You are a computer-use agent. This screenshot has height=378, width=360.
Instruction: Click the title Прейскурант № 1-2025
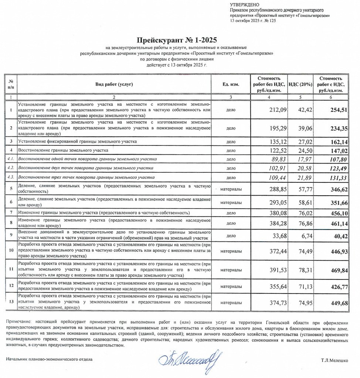click(x=177, y=40)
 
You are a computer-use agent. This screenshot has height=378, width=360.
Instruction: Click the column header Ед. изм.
click(x=231, y=85)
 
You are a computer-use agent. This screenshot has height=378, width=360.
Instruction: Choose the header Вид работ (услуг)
click(x=114, y=85)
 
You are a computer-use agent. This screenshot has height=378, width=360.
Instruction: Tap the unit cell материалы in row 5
click(x=231, y=189)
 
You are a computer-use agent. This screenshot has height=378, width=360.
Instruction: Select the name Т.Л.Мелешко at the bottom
click(x=334, y=359)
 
